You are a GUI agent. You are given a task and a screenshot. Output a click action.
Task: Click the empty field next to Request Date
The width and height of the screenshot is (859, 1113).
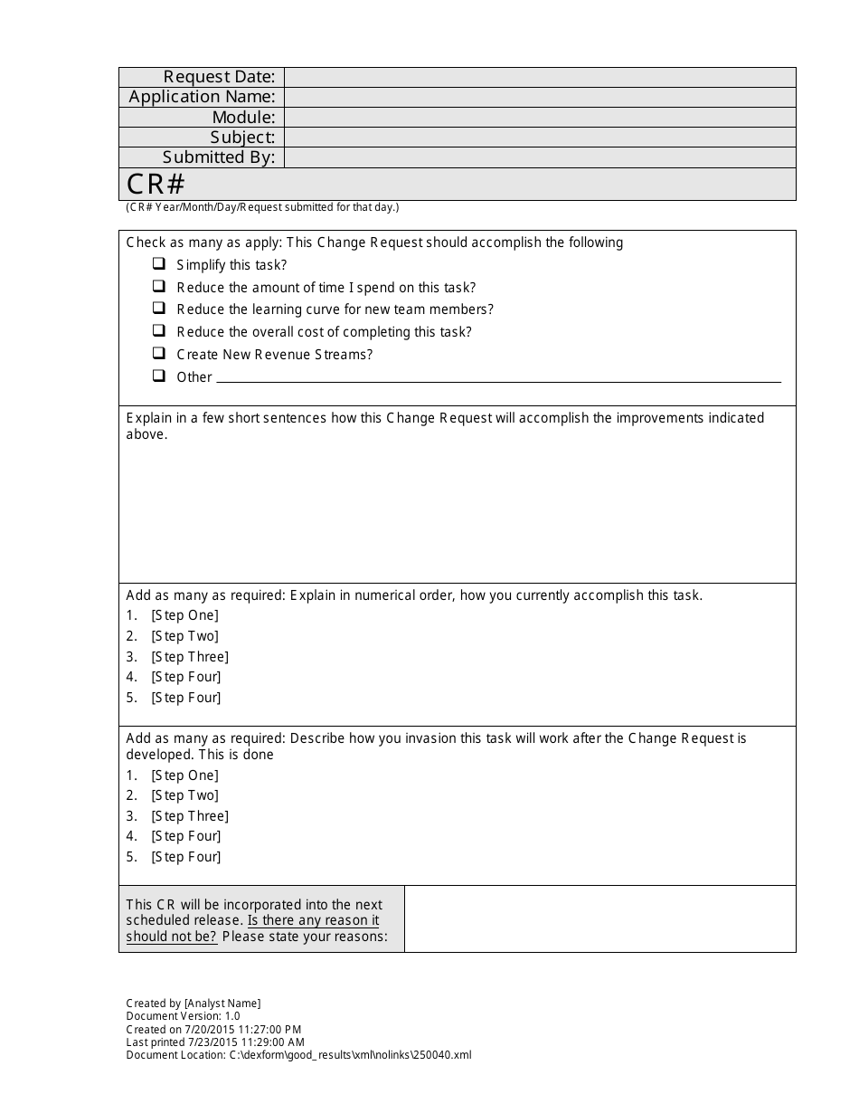point(540,77)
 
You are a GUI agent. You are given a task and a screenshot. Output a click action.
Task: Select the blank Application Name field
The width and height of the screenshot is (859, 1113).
point(540,97)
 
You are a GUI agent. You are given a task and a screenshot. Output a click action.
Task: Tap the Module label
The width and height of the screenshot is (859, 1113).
point(243,117)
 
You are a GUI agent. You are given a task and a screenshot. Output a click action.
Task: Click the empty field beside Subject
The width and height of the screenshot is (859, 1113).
point(540,137)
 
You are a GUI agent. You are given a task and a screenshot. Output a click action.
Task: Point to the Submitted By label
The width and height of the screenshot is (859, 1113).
point(218,157)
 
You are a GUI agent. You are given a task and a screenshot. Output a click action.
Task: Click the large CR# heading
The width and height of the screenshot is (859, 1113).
point(156,184)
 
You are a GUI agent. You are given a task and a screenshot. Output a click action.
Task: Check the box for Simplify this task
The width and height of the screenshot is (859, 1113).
point(159,264)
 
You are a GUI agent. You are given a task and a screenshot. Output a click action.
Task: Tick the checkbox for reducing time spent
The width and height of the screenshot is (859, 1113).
point(159,286)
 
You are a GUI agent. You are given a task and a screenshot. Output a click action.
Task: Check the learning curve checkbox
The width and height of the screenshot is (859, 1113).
point(159,309)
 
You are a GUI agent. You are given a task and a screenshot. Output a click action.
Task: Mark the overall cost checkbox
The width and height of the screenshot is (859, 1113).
point(159,331)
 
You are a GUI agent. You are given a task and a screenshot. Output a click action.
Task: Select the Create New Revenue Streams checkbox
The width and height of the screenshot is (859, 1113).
point(159,353)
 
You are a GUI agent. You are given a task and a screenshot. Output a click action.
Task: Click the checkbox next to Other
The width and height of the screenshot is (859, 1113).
point(159,376)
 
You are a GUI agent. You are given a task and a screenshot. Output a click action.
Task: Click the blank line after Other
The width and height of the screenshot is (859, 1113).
point(498,378)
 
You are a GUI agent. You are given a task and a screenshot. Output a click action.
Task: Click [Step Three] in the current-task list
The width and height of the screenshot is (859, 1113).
point(190,657)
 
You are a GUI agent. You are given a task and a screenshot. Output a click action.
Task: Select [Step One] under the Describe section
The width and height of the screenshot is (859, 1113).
point(184,775)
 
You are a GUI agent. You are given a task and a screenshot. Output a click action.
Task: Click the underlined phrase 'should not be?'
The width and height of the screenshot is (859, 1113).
point(171,937)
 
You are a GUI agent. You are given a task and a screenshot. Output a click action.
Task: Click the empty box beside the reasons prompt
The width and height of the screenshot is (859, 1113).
point(599,918)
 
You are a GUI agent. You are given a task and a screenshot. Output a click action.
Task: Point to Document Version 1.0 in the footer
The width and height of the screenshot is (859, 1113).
point(183,1016)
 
